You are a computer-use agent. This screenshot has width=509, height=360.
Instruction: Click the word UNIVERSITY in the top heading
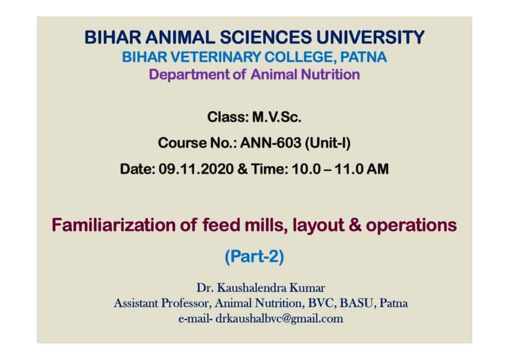tap(370, 37)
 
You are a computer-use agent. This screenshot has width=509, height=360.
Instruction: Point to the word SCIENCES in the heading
tap(266, 37)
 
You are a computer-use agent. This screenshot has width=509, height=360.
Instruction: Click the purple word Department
tap(189, 75)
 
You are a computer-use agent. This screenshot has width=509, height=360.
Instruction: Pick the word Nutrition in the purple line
tap(330, 75)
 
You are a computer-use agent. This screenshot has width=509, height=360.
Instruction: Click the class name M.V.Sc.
tap(277, 117)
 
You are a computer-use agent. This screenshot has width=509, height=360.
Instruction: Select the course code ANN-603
tap(270, 143)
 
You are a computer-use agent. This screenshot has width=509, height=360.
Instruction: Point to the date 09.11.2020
tap(196, 169)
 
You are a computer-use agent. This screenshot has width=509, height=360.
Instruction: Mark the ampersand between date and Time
tap(242, 169)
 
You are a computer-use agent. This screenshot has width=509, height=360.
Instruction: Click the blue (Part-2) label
tap(254, 257)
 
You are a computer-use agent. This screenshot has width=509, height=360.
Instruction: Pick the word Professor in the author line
tap(187, 303)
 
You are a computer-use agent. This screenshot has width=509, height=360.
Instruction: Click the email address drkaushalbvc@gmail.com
tap(279, 319)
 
